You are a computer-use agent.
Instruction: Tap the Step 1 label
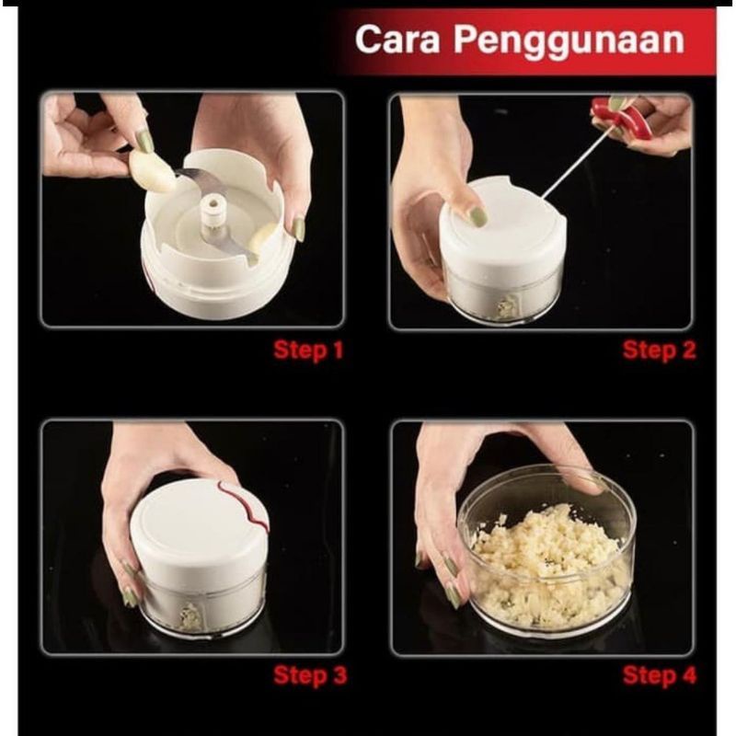click(x=307, y=351)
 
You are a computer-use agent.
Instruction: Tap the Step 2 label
click(x=658, y=351)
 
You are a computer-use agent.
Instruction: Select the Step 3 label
click(x=309, y=676)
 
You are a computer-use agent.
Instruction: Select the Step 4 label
click(x=659, y=676)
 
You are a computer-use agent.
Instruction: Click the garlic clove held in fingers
click(x=151, y=171)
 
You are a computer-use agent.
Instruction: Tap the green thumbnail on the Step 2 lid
click(x=477, y=217)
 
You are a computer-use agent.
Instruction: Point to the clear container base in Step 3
click(x=198, y=607)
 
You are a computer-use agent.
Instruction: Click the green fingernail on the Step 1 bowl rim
click(x=298, y=228)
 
